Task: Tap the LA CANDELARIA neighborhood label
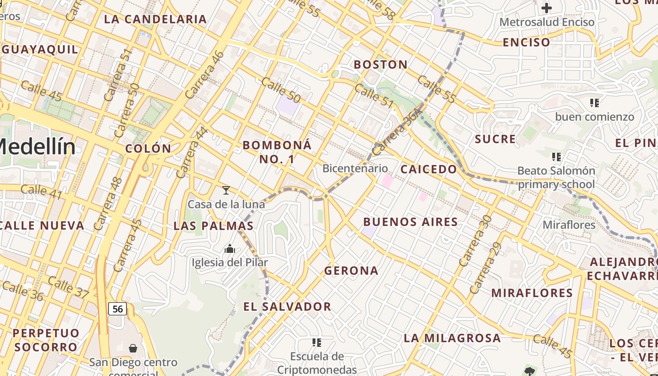(155, 19)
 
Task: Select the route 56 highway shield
(117, 309)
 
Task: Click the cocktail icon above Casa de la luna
(226, 190)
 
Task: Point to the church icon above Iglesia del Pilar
(230, 249)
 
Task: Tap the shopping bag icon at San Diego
(133, 348)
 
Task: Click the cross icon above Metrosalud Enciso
(546, 8)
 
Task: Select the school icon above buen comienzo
(595, 102)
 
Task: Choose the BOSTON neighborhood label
(381, 65)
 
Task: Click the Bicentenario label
(355, 168)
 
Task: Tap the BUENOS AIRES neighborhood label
(411, 222)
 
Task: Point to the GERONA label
(351, 271)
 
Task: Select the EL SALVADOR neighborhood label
(287, 307)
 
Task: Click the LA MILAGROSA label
(452, 338)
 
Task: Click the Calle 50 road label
(281, 91)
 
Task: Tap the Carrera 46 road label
(205, 75)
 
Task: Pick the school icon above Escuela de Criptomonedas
(317, 343)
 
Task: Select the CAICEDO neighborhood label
(428, 169)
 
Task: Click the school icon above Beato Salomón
(556, 157)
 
